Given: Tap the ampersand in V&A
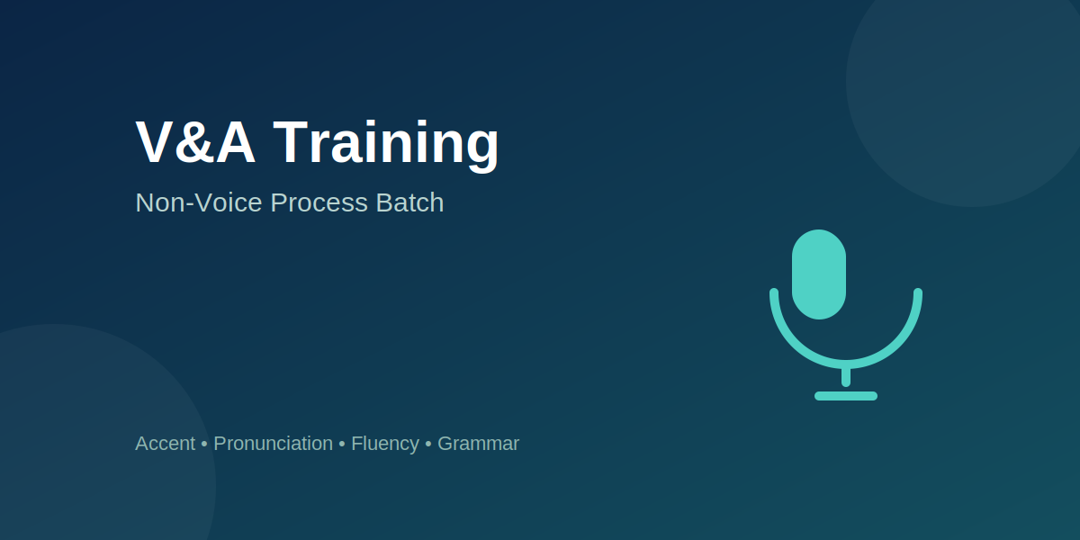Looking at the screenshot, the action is click(195, 142).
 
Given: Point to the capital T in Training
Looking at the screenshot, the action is click(290, 142).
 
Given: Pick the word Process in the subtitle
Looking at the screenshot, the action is click(319, 202).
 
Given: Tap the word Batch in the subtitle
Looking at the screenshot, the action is click(409, 202).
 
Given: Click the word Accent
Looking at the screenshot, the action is click(166, 444).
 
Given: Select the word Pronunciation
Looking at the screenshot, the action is click(273, 444).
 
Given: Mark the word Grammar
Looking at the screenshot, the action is click(478, 444).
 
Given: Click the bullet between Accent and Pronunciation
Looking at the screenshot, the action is click(204, 445).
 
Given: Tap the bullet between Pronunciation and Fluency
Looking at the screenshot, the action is click(342, 445).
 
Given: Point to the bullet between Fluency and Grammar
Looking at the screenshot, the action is click(428, 445).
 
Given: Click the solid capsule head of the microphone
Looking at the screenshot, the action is click(819, 274).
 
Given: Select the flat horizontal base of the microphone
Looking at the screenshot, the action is click(846, 396).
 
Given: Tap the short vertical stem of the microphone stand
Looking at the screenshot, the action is click(846, 377).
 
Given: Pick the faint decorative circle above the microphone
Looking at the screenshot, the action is click(969, 82).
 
